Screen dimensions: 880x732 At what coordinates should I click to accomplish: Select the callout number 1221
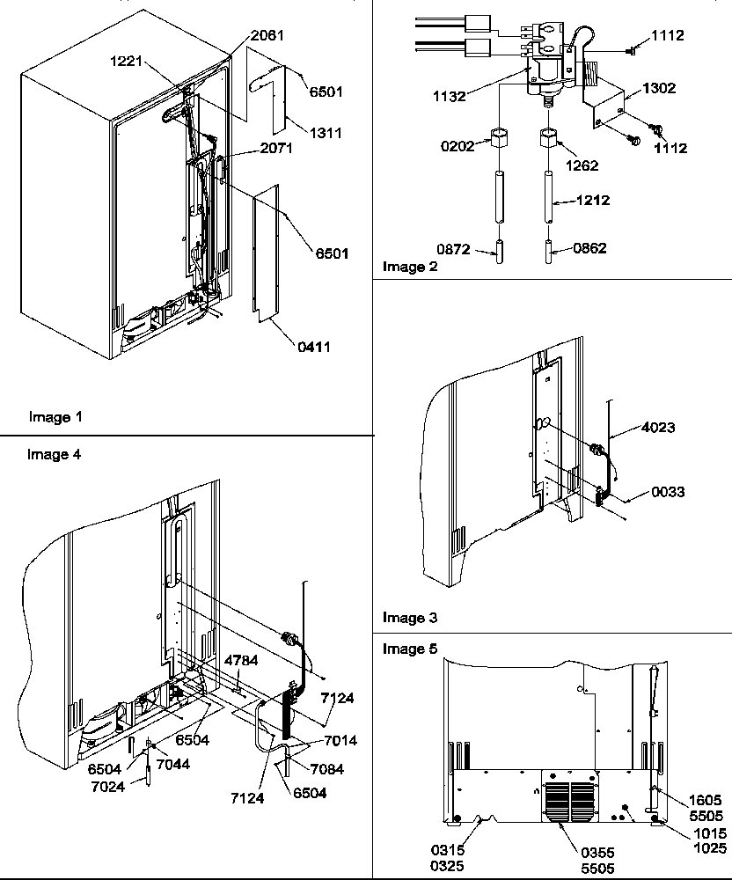(127, 64)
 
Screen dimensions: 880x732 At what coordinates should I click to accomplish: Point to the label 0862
(589, 249)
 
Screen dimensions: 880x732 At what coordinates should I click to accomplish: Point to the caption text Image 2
(405, 267)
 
